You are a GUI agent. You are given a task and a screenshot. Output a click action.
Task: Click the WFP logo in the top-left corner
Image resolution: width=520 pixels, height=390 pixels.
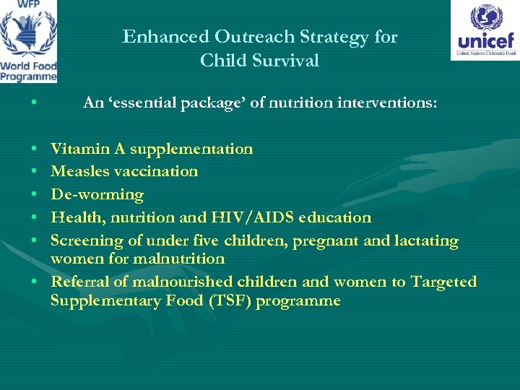point(29,41)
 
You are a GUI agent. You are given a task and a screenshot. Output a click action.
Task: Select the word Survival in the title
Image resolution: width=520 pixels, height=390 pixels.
point(288,61)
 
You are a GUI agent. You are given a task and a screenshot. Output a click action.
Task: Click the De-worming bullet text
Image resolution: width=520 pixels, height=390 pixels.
point(97,195)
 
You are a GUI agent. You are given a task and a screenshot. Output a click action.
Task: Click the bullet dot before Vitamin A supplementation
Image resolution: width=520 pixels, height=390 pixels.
point(35,149)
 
